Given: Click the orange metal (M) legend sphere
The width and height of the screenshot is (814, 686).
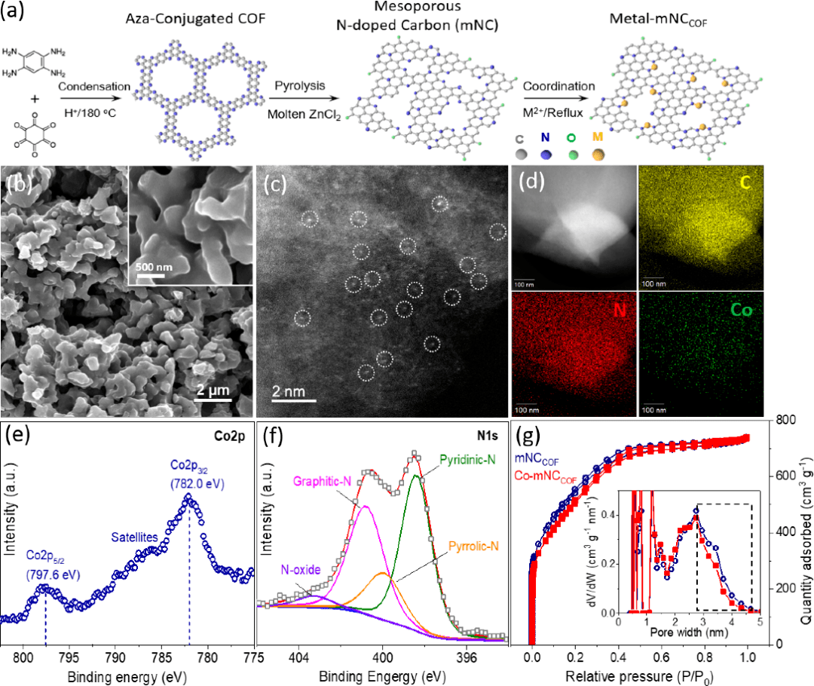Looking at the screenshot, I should pyautogui.click(x=598, y=154).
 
